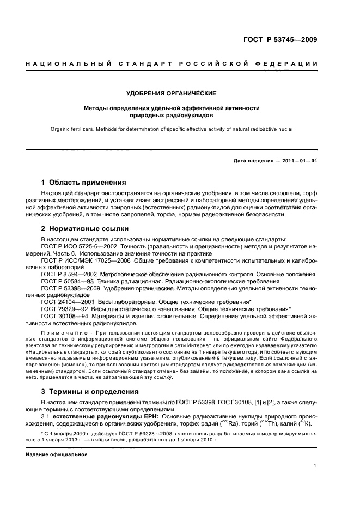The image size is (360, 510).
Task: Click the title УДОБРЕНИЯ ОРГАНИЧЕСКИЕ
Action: click(172, 93)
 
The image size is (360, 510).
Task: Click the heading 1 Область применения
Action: click(84, 182)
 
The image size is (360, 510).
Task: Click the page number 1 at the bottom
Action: click(315, 466)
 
